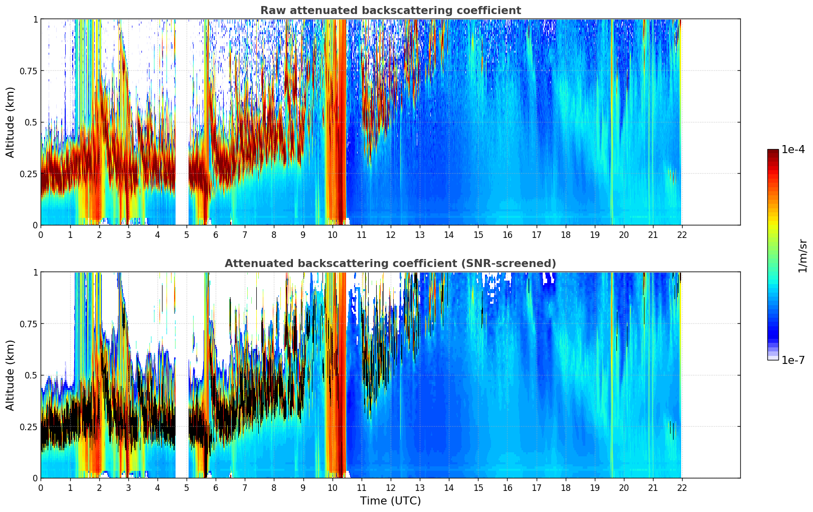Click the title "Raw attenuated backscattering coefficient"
390,11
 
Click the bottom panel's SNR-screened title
390,264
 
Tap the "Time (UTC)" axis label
390,501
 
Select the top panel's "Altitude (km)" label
11,122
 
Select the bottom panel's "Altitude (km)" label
11,375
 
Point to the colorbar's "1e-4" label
793,150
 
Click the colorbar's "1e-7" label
793,360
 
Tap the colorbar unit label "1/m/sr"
802,255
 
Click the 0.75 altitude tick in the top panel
29,71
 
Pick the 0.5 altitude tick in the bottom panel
31,375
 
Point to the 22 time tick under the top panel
682,234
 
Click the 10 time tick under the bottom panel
332,487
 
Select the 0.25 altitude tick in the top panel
29,174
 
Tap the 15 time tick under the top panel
478,234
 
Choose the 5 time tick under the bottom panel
187,487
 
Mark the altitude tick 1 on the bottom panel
35,273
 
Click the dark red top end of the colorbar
772,152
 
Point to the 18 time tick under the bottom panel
565,487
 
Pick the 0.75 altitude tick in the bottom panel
29,324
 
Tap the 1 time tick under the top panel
70,234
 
